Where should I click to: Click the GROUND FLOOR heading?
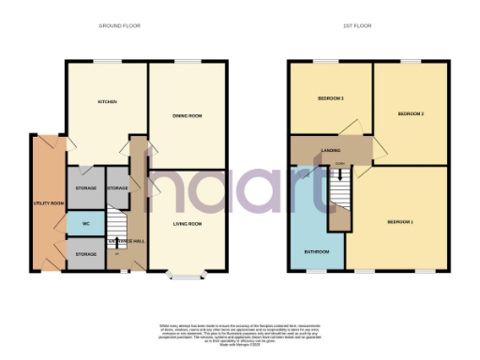click(x=120, y=26)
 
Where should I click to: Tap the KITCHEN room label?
click(x=107, y=102)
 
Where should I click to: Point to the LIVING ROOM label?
click(x=188, y=224)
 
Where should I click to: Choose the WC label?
click(x=85, y=224)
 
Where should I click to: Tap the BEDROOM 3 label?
click(x=329, y=98)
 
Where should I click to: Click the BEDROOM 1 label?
click(x=400, y=221)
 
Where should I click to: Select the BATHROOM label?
click(x=316, y=251)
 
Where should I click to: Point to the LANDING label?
click(x=330, y=149)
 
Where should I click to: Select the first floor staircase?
click(x=337, y=197)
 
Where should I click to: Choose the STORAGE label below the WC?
click(x=85, y=254)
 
